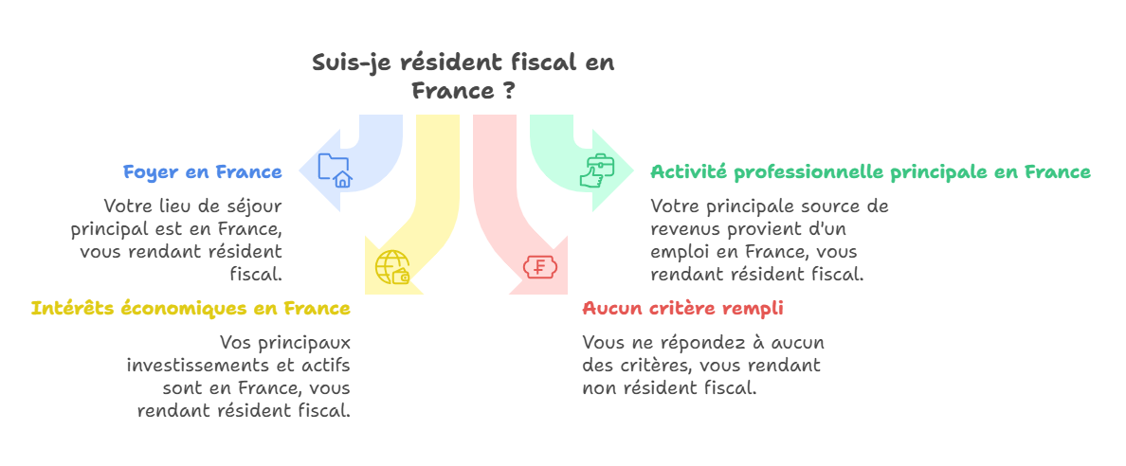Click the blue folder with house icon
pos(335,170)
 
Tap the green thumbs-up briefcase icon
pos(599,170)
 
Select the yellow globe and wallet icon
pos(392,267)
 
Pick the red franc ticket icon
pos(540,267)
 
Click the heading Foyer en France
pos(202,172)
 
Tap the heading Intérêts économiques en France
pos(191,309)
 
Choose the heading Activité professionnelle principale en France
pos(870,172)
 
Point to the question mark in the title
pos(509,92)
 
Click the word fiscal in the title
pos(545,63)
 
